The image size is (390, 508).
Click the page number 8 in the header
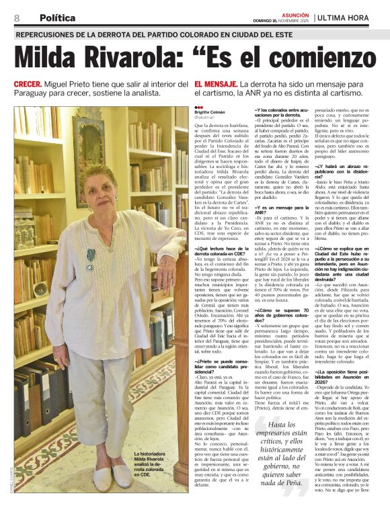(x=17, y=18)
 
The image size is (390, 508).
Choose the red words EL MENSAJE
(x=215, y=85)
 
